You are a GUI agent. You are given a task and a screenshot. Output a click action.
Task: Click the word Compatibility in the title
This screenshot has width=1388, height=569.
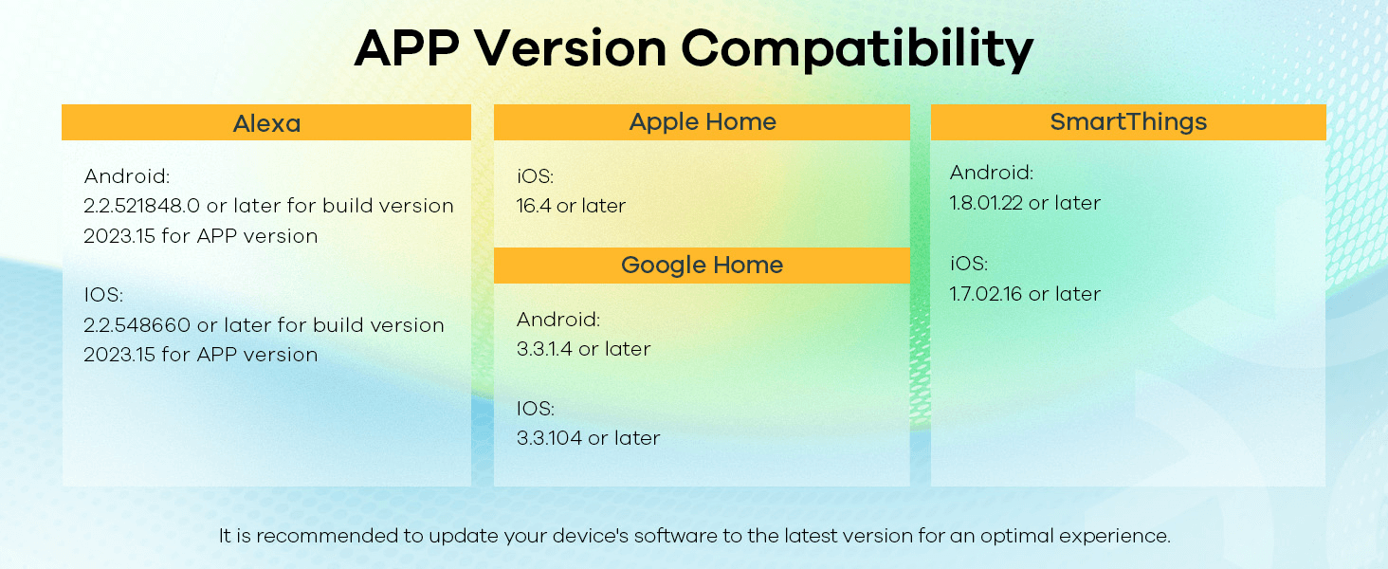pyautogui.click(x=857, y=49)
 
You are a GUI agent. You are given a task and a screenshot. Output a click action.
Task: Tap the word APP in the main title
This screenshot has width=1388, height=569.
pyautogui.click(x=407, y=47)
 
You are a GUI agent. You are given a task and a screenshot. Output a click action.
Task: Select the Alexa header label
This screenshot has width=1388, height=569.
pyautogui.click(x=266, y=124)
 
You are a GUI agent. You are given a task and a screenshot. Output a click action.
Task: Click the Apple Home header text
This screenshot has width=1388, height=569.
pyautogui.click(x=703, y=122)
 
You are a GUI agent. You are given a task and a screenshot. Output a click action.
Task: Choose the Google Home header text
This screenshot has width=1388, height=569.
pyautogui.click(x=702, y=266)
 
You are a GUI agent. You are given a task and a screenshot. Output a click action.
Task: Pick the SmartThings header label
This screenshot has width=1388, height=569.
pyautogui.click(x=1128, y=122)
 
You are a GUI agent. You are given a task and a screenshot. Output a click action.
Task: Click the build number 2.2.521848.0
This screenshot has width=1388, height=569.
pyautogui.click(x=142, y=206)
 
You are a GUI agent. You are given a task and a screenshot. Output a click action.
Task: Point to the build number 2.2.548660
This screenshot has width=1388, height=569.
pyautogui.click(x=137, y=324)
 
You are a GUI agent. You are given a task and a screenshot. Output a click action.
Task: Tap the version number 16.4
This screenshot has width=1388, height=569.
pyautogui.click(x=534, y=206)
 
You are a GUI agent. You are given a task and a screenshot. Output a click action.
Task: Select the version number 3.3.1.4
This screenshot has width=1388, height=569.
pyautogui.click(x=544, y=349)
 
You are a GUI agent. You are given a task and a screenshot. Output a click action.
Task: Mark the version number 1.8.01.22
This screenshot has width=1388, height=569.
pyautogui.click(x=986, y=203)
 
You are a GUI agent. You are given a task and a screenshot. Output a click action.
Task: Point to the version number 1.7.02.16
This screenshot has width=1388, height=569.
pyautogui.click(x=986, y=294)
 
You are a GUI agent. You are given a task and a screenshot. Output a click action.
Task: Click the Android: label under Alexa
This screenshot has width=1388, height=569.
pyautogui.click(x=127, y=176)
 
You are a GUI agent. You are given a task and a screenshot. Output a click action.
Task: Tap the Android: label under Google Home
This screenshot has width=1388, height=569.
pyautogui.click(x=558, y=320)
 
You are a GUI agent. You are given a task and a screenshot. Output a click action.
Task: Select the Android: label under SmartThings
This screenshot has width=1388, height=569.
pyautogui.click(x=992, y=173)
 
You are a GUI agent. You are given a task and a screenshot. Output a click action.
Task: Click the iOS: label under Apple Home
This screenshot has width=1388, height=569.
pyautogui.click(x=536, y=176)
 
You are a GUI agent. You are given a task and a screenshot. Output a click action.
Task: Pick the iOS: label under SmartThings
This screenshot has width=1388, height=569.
pyautogui.click(x=969, y=264)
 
